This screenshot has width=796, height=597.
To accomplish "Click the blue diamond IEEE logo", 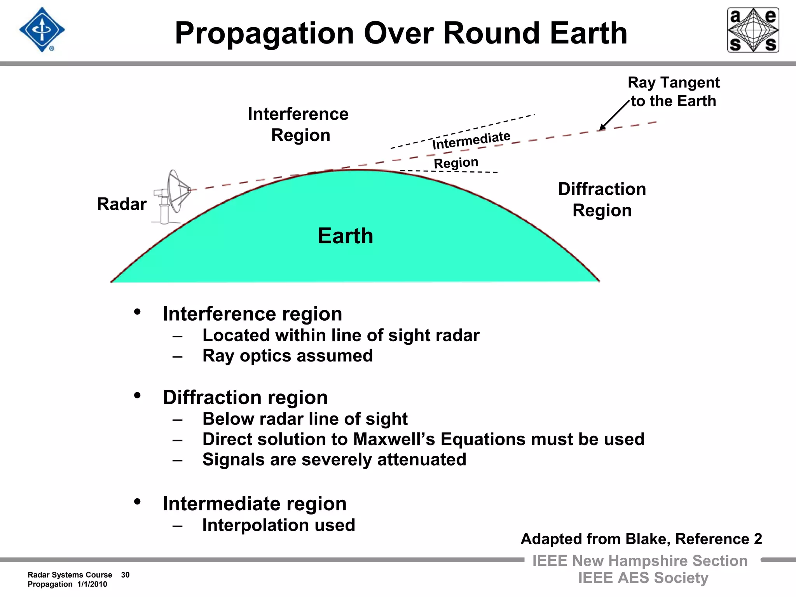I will click(42, 30).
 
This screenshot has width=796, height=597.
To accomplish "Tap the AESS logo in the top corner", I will click(753, 30).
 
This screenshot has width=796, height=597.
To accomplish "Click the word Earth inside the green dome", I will click(345, 236).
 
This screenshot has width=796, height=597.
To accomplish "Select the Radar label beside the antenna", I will click(122, 204).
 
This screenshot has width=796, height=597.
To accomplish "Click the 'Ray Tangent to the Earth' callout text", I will click(674, 92).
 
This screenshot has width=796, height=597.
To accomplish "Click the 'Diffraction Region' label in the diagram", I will click(602, 199).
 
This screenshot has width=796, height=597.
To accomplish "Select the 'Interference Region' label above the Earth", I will click(298, 124).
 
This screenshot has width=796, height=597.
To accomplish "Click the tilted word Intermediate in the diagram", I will click(471, 140).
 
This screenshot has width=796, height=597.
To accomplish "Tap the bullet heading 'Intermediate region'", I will click(255, 504).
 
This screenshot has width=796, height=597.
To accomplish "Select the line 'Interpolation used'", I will click(279, 525).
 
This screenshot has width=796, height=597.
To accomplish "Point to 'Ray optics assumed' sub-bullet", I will click(287, 356).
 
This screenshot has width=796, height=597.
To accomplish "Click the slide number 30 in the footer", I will click(125, 575).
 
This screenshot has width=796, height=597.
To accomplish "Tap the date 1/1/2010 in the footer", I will click(92, 584).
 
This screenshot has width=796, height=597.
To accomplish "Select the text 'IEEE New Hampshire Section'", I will click(640, 561).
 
